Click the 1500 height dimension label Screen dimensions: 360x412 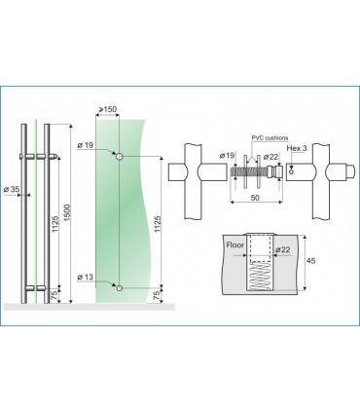pyautogui.click(x=67, y=213)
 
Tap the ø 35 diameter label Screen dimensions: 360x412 pyautogui.click(x=12, y=189)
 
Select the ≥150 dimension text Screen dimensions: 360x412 pyautogui.click(x=107, y=109)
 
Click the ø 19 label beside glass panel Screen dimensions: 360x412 pyautogui.click(x=86, y=145)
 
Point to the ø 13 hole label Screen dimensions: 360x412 pyautogui.click(x=86, y=277)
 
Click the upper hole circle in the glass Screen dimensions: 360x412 pyautogui.click(x=120, y=157)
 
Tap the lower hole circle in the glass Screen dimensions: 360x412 pyautogui.click(x=120, y=287)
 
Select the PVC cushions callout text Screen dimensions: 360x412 pyautogui.click(x=270, y=138)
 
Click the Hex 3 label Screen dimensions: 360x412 pyautogui.click(x=297, y=148)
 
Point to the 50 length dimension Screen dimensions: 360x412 pyautogui.click(x=255, y=198)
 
